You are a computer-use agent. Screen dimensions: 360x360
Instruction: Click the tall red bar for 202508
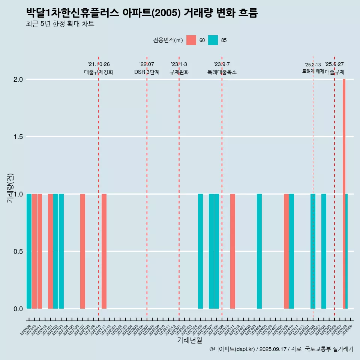344,194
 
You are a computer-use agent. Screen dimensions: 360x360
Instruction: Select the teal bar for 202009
29,251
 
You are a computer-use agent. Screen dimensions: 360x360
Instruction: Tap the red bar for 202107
82,251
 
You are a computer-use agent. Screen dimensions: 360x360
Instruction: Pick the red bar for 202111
104,251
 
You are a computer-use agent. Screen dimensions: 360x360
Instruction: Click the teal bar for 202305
200,251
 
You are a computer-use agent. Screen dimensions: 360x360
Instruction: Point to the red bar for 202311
232,251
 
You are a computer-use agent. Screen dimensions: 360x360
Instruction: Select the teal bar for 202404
259,251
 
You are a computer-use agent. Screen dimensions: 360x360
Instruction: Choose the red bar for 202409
286,251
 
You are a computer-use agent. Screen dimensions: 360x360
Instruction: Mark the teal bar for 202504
324,251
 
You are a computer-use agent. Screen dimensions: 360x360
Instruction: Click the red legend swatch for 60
191,40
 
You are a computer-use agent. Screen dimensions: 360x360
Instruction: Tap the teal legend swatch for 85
213,40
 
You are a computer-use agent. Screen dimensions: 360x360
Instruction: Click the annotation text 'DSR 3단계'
147,72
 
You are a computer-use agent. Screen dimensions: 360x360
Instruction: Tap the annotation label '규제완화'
179,72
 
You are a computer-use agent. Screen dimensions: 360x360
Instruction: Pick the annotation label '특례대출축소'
222,72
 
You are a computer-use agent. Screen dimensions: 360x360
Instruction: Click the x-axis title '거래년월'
189,340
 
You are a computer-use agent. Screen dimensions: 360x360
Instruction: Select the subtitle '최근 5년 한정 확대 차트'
60,24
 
